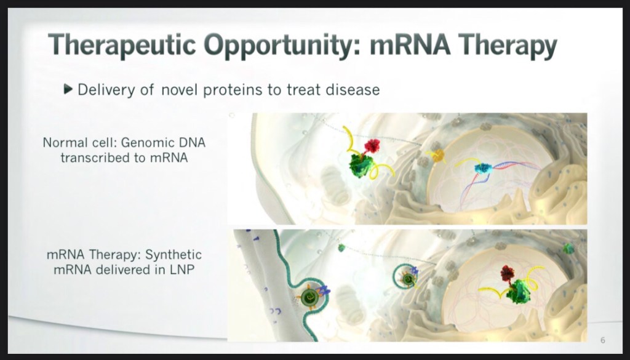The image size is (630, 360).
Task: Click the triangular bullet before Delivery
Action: pyautogui.click(x=68, y=89)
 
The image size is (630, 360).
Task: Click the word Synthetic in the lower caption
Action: pyautogui.click(x=173, y=255)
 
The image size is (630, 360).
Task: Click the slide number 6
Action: pyautogui.click(x=603, y=340)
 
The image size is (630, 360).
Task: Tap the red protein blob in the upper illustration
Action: pyautogui.click(x=372, y=146)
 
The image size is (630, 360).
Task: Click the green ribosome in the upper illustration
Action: pyautogui.click(x=361, y=166)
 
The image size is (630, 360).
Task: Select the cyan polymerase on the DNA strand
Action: pyautogui.click(x=483, y=168)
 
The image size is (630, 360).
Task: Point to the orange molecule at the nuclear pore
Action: pyautogui.click(x=438, y=155)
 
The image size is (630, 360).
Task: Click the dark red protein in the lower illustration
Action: pyautogui.click(x=508, y=273)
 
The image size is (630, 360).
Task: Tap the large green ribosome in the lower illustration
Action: pyautogui.click(x=518, y=292)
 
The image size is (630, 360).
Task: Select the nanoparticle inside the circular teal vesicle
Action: pyautogui.click(x=409, y=278)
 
